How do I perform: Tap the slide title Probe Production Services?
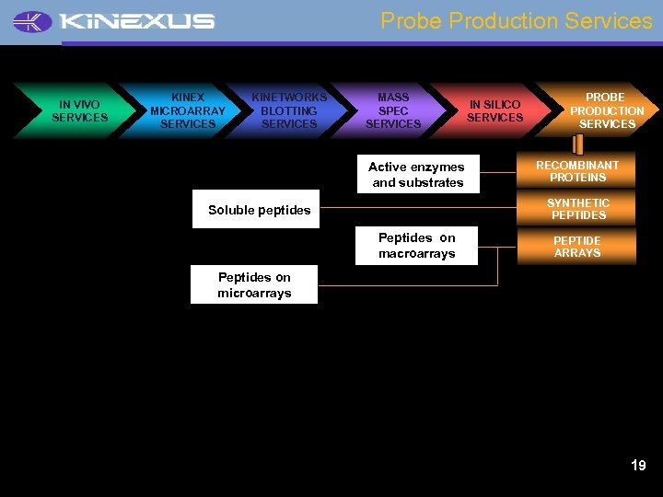tap(516, 20)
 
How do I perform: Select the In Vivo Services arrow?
tap(79, 110)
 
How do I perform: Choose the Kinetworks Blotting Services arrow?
tap(289, 110)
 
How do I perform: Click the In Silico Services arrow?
tap(494, 110)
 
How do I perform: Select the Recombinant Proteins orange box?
tap(577, 171)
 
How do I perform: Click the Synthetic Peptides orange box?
tap(577, 209)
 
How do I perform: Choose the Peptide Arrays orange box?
tap(577, 247)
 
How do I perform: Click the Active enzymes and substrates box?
tap(416, 175)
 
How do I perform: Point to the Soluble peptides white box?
tap(257, 210)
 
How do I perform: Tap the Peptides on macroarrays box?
tap(416, 246)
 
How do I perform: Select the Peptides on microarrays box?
tap(254, 284)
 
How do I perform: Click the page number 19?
tap(638, 466)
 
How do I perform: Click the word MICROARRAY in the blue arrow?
tap(187, 110)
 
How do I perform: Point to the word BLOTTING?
tap(289, 110)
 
